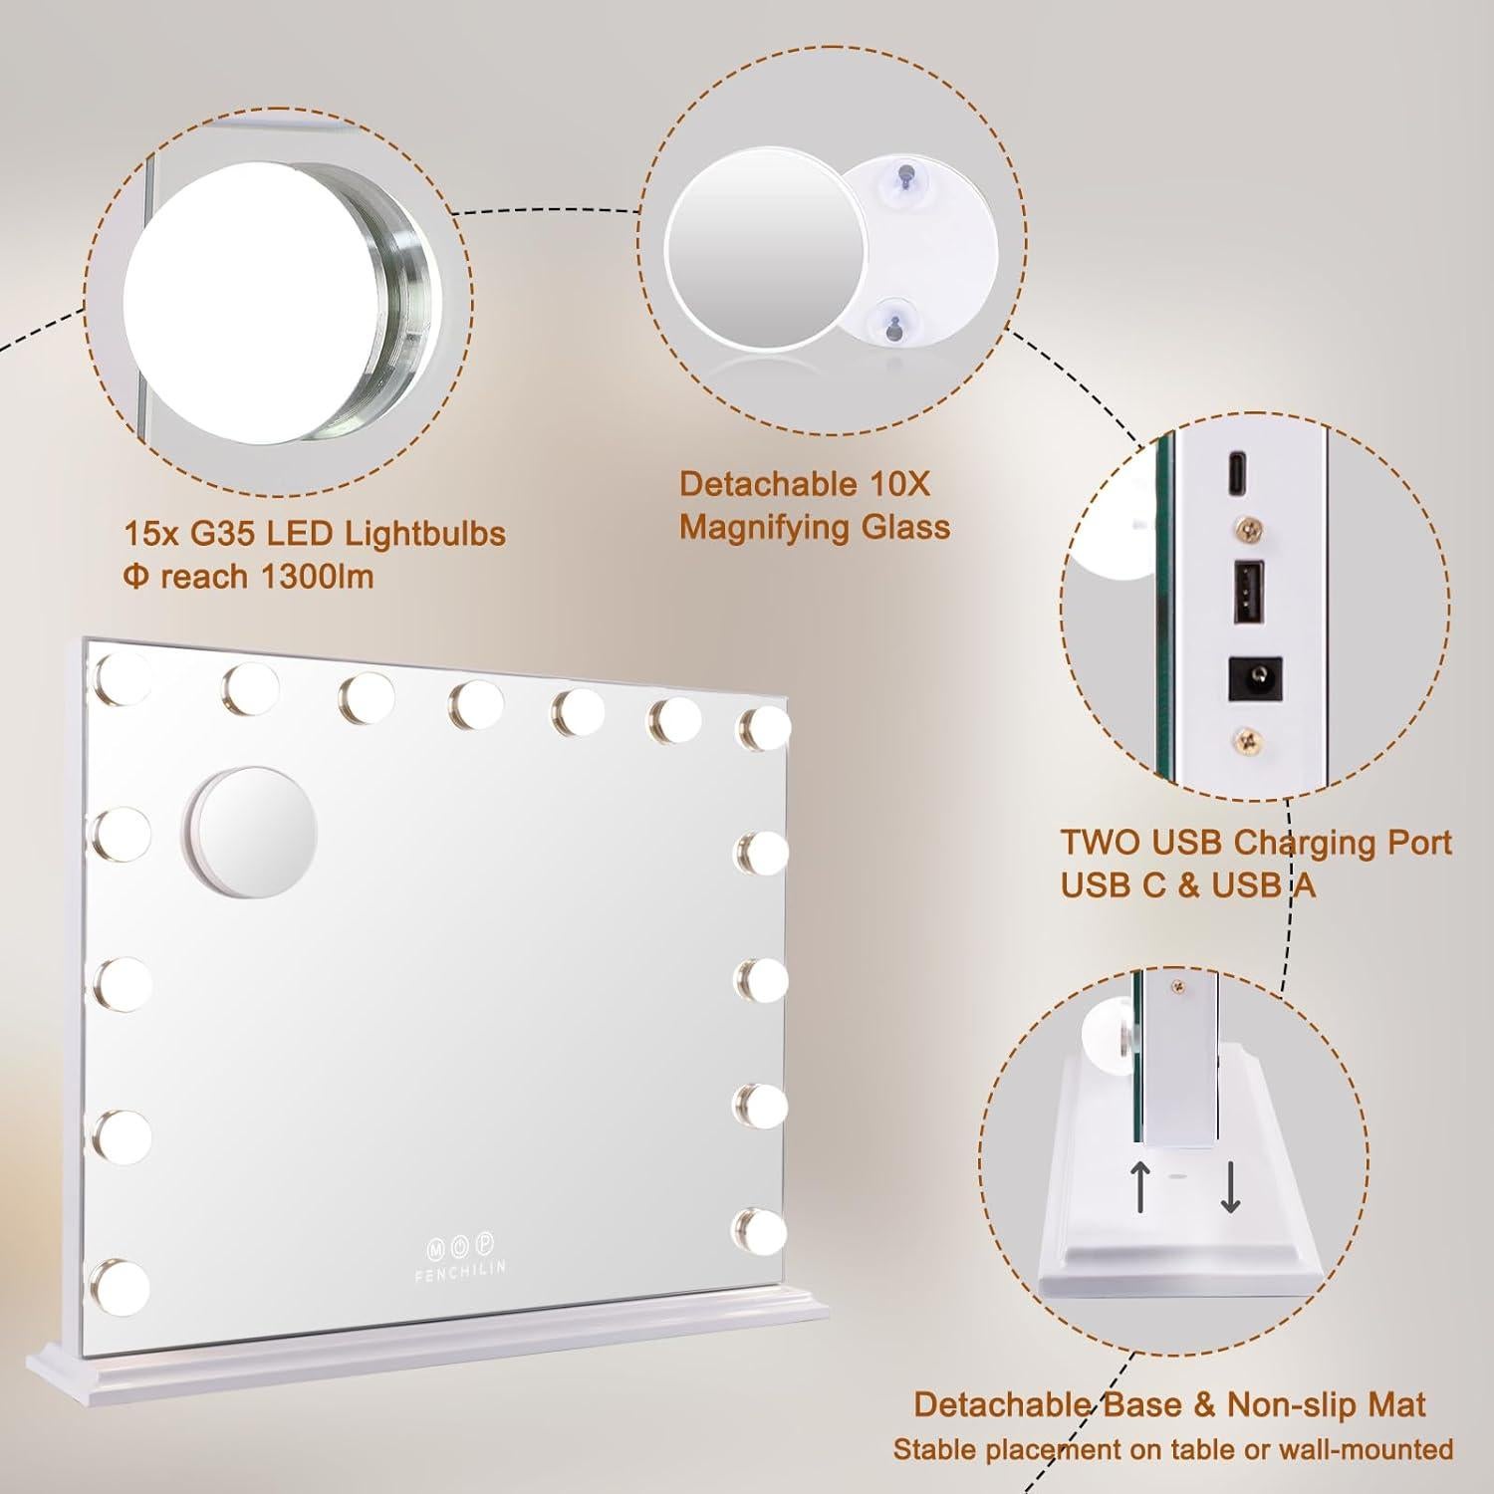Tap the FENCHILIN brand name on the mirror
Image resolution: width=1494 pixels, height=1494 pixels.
pyautogui.click(x=460, y=1267)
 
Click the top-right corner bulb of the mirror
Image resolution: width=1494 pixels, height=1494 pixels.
pyautogui.click(x=762, y=728)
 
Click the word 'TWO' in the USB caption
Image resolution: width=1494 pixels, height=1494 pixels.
pyautogui.click(x=1100, y=843)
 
